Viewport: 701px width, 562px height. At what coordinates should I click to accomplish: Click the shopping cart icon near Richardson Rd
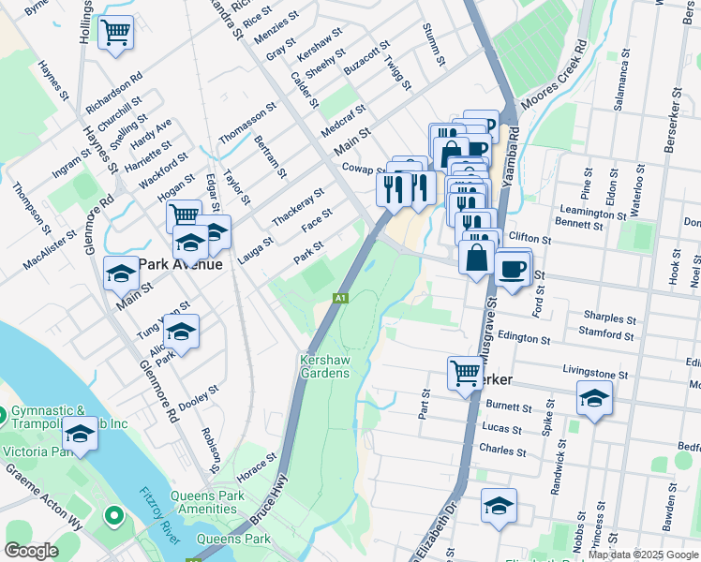coord(115,33)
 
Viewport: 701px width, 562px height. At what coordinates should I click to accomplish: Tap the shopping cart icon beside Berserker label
coord(465,373)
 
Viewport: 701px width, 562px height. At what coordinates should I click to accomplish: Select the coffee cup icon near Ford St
coord(512,269)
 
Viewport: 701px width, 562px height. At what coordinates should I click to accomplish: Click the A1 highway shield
coord(342,298)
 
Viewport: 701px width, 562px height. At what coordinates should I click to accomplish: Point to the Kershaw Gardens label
coord(325,366)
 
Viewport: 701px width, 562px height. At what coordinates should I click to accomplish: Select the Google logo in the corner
coord(31,551)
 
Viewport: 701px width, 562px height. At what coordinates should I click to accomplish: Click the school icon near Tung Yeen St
coord(181,331)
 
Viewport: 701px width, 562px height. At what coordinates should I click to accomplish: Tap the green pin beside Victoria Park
coord(113,514)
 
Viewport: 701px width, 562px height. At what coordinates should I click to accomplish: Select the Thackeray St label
coord(297,206)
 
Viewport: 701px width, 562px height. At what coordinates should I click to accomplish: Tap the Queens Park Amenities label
coord(216,503)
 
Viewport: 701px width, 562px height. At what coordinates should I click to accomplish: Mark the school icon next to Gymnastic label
coord(80,436)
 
